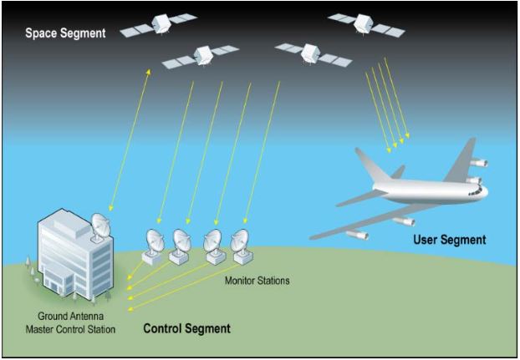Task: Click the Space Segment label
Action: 65,33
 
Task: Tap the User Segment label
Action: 449,240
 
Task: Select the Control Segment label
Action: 186,328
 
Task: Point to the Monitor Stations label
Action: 257,281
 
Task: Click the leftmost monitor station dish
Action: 153,241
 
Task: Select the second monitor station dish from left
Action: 181,241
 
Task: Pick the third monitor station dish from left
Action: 212,241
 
